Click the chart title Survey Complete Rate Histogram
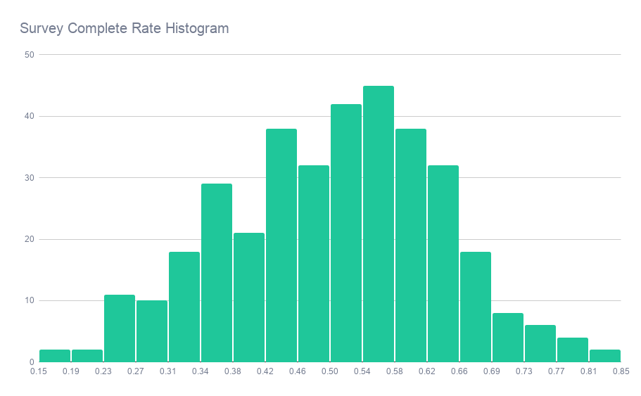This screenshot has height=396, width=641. [125, 29]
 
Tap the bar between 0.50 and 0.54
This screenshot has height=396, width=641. [346, 233]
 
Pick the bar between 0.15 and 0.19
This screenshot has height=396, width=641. [55, 356]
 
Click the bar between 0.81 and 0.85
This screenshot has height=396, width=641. [605, 356]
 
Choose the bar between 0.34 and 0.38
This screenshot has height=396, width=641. [217, 273]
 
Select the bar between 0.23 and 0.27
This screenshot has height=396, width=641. [120, 328]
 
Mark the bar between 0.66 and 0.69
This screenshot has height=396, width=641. [476, 307]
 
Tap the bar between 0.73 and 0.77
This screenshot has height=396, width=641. [540, 344]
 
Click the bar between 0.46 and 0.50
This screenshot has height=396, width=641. [314, 264]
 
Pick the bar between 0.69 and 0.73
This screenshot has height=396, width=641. [508, 338]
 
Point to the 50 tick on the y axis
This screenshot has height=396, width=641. [29, 54]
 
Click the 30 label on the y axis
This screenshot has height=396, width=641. [29, 177]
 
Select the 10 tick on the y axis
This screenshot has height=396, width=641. [29, 300]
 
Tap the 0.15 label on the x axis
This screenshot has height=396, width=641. [39, 372]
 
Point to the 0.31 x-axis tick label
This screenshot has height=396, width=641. [167, 372]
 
